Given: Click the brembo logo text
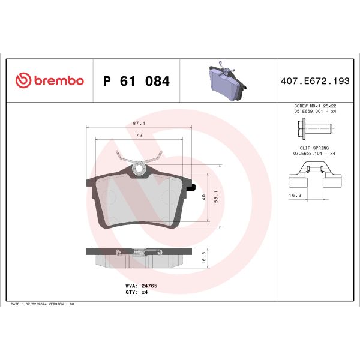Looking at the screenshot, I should (x=58, y=81).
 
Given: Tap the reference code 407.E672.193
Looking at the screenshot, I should (x=314, y=81).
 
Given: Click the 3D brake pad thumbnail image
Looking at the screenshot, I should (x=224, y=81).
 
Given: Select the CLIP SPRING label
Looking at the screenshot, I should (x=314, y=148).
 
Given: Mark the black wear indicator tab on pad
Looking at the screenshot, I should (x=192, y=188).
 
